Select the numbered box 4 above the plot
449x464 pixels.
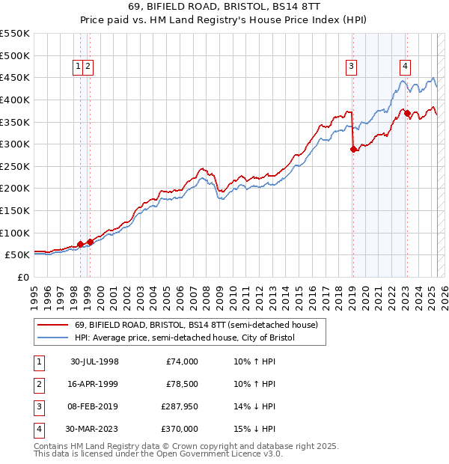[405, 66]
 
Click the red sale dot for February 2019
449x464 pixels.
[353, 149]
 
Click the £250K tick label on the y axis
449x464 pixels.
[15, 166]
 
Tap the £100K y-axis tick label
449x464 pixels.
[15, 233]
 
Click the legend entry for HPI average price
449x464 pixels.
[185, 338]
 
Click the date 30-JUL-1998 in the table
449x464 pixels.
[95, 361]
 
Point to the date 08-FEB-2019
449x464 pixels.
[95, 406]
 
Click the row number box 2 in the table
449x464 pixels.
[37, 384]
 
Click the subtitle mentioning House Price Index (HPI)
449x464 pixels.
[224, 22]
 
